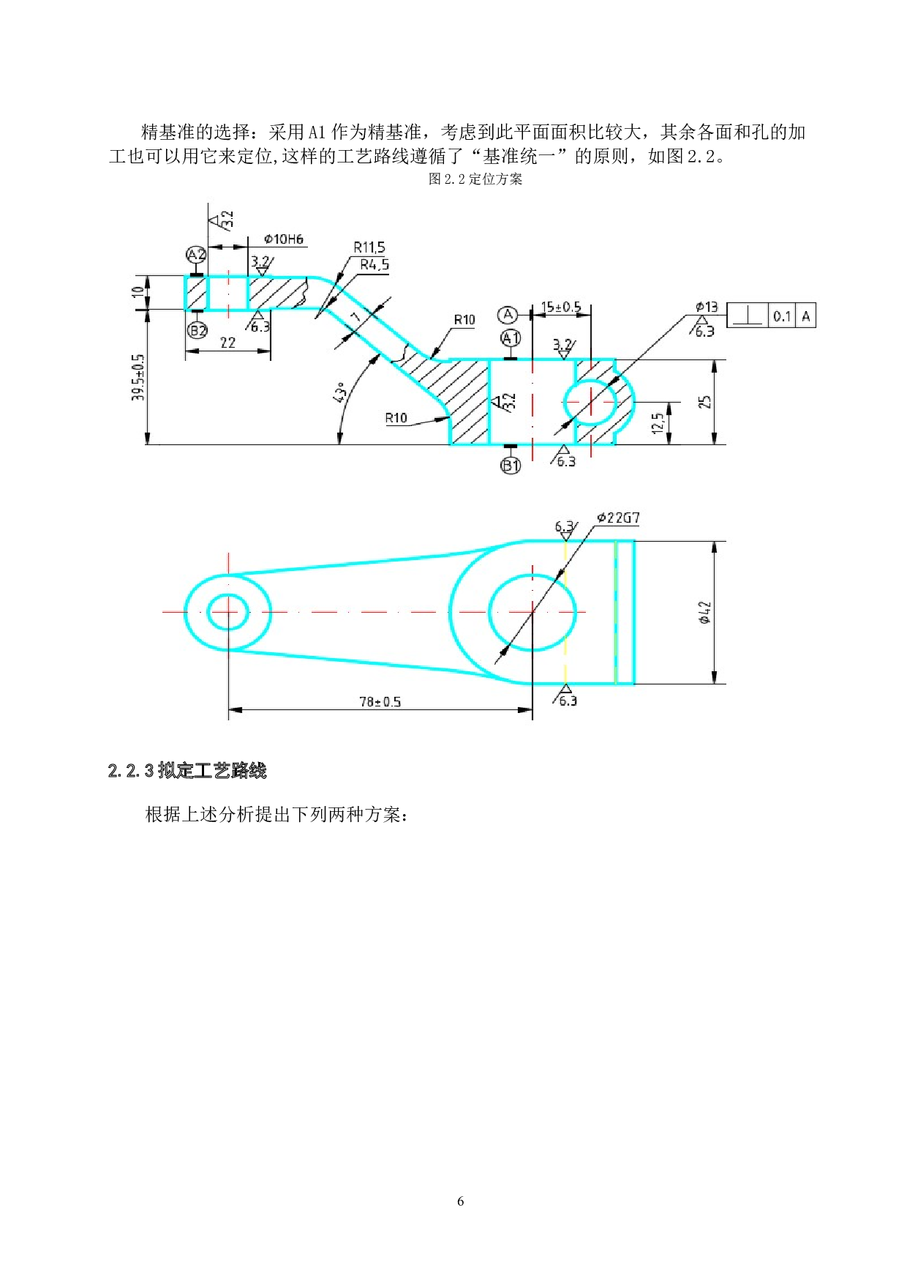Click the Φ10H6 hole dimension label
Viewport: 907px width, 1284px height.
(x=284, y=239)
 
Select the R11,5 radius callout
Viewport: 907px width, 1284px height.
(x=369, y=247)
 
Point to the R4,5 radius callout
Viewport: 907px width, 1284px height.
(x=375, y=265)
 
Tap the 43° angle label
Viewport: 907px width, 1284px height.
(x=338, y=392)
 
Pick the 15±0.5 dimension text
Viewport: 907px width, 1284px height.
(x=561, y=307)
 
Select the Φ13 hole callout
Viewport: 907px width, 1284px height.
(x=707, y=307)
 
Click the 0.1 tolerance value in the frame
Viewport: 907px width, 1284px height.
(x=782, y=316)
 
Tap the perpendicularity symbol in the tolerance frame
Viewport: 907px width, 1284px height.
(x=747, y=316)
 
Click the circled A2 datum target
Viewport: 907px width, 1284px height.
(x=196, y=255)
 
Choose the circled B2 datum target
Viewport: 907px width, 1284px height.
(x=197, y=330)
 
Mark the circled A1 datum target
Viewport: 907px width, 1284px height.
(x=511, y=338)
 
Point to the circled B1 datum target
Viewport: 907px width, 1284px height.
(x=511, y=465)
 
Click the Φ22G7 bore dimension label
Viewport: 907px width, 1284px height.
(x=618, y=518)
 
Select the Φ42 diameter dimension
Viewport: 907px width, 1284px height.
(x=704, y=613)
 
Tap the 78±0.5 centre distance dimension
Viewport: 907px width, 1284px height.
(x=380, y=702)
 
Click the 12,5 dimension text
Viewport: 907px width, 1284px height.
(x=658, y=422)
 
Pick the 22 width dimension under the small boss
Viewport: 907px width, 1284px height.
(x=227, y=343)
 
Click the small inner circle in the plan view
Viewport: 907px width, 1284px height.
(x=228, y=612)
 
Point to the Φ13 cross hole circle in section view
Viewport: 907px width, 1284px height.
(x=590, y=402)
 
